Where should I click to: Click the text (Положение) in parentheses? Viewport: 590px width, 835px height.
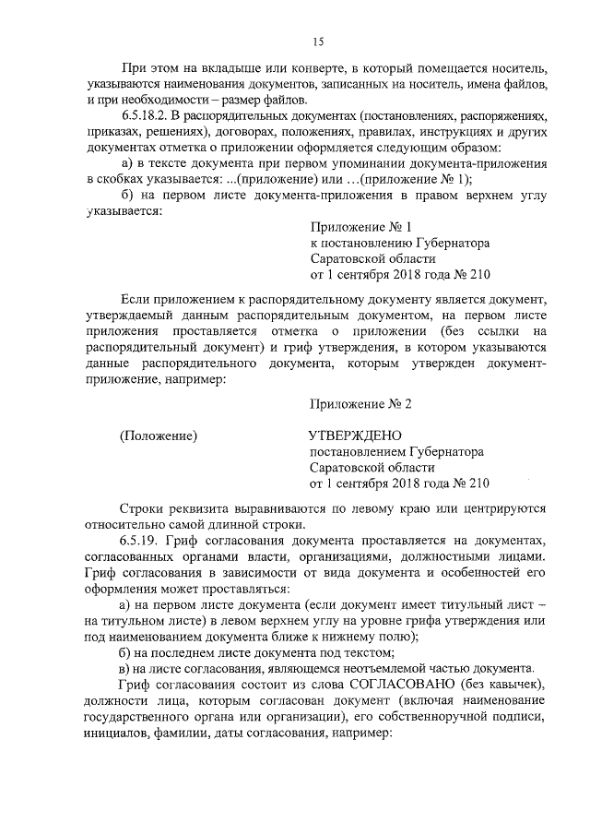159,435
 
